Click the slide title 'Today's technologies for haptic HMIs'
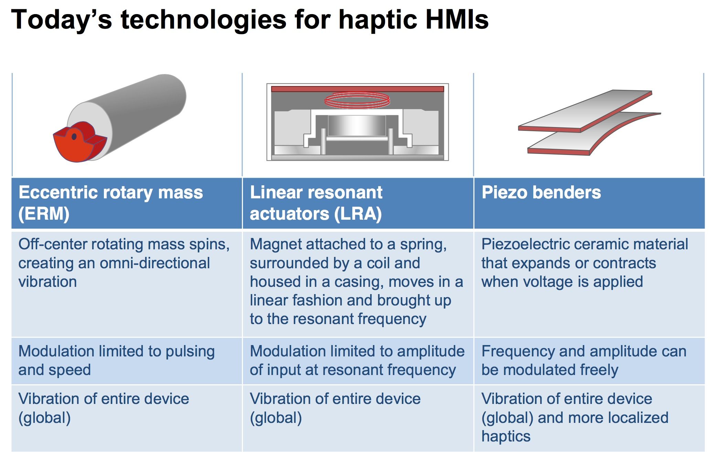(250, 20)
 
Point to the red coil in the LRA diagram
(357, 100)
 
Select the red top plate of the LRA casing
(357, 89)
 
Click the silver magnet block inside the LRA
(357, 126)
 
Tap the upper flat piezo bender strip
(585, 111)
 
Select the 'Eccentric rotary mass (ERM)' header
(110, 203)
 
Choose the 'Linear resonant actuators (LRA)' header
(316, 203)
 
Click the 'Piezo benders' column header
(541, 192)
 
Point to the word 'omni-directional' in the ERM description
(155, 263)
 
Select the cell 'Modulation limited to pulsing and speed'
(117, 361)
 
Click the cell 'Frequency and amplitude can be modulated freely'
(584, 361)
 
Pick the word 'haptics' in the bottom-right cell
(506, 436)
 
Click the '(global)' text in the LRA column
(276, 418)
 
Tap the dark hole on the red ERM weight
(74, 137)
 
